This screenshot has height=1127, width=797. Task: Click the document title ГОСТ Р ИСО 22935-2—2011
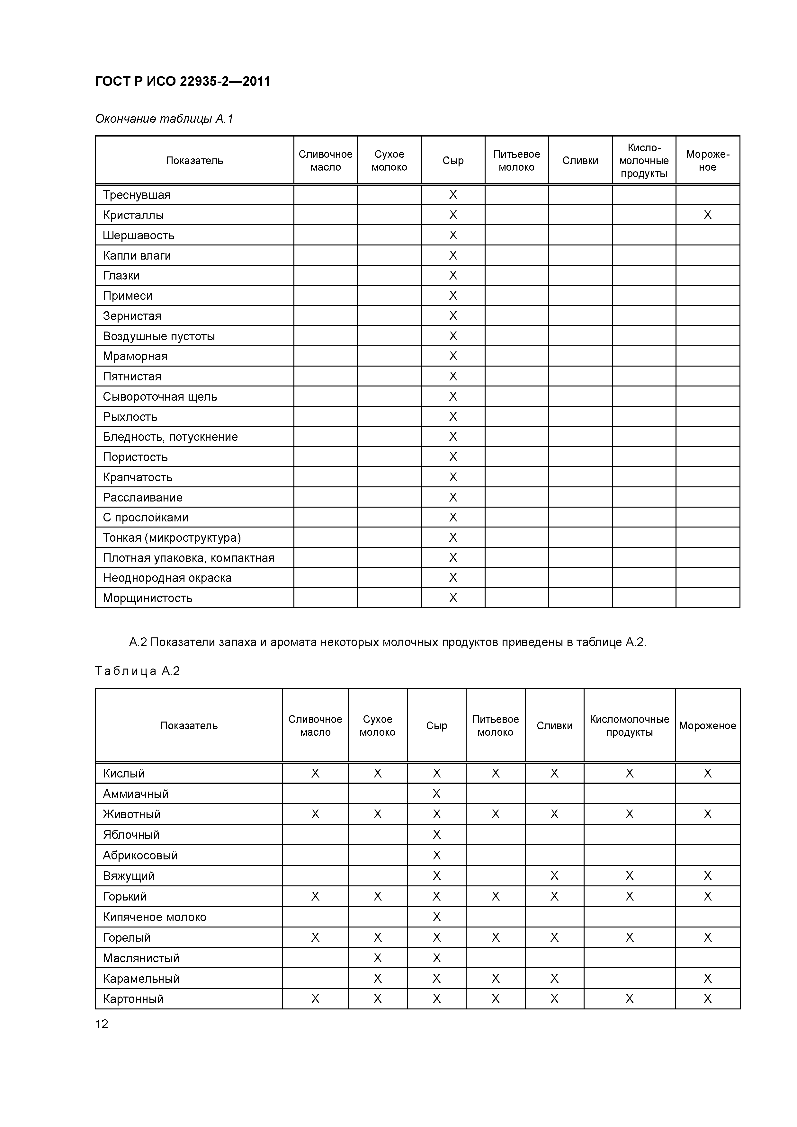click(182, 82)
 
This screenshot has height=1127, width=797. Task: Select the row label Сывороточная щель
click(160, 397)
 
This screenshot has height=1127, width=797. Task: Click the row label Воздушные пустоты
click(159, 336)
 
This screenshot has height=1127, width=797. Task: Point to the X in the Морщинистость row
click(453, 598)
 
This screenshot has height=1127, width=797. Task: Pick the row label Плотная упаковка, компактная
click(189, 558)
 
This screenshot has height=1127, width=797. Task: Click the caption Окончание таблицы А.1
click(164, 119)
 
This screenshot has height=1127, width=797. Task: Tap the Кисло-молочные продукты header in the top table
click(643, 161)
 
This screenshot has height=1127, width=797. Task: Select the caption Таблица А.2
click(138, 671)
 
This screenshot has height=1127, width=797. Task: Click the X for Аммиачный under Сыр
click(436, 794)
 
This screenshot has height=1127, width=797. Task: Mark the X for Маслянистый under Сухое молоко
click(377, 958)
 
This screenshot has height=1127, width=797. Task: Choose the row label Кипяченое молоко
click(154, 917)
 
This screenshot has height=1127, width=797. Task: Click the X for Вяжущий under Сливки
click(554, 876)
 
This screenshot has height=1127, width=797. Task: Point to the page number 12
click(102, 1024)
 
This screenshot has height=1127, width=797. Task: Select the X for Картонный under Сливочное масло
click(315, 999)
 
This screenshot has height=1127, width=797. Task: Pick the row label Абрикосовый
click(140, 856)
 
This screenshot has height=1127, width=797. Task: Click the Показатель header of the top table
click(194, 161)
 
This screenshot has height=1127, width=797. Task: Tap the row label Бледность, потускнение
click(170, 437)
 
